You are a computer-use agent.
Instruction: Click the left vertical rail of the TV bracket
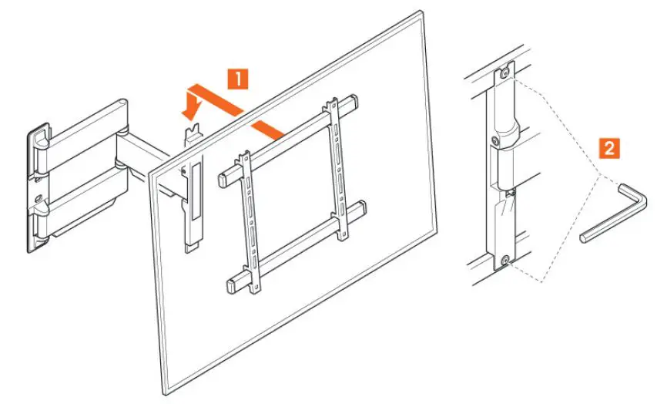247,220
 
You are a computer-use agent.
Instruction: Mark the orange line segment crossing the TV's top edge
266,127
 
